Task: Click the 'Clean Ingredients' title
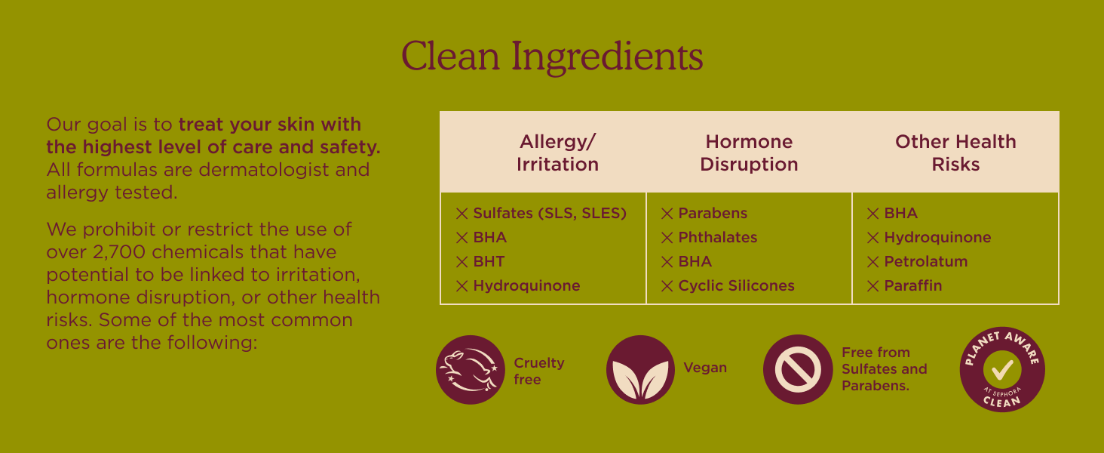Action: click(x=552, y=57)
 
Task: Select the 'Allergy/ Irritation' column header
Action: click(x=557, y=153)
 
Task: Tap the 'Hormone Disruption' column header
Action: click(x=749, y=153)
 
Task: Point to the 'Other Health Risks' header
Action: click(x=955, y=153)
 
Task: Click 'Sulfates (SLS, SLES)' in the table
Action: click(x=550, y=213)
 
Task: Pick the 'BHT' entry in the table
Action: click(x=489, y=261)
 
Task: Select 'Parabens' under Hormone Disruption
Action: click(x=713, y=213)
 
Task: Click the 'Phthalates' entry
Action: click(x=718, y=237)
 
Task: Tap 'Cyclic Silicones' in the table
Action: click(x=736, y=285)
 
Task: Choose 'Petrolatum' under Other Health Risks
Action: click(x=925, y=261)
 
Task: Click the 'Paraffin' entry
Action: click(x=912, y=285)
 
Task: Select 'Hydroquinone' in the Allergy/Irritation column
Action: click(x=526, y=285)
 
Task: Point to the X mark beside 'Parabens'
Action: click(x=667, y=214)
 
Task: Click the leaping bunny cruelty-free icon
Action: click(x=471, y=370)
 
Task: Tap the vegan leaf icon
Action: click(x=640, y=370)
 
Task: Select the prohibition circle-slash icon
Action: click(x=797, y=370)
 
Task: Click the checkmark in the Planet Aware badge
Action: click(x=1002, y=369)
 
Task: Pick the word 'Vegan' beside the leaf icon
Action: click(x=705, y=368)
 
